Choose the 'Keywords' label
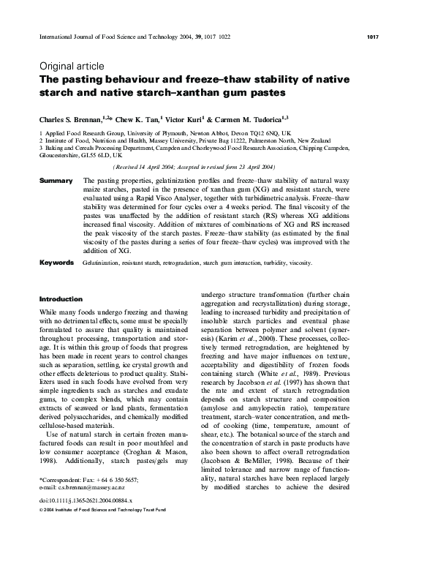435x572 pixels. tap(56, 262)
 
